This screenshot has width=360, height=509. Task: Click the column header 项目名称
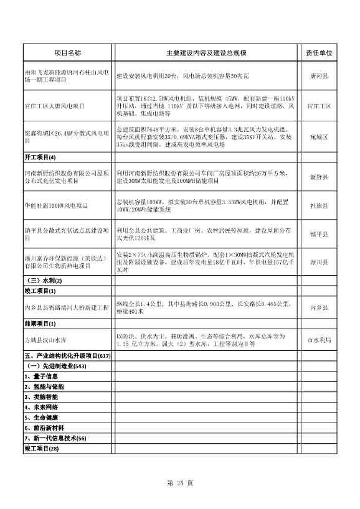pos(68,53)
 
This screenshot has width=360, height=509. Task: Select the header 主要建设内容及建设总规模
pos(206,53)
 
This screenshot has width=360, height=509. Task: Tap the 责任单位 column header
pos(319,53)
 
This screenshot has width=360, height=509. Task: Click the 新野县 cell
pos(319,177)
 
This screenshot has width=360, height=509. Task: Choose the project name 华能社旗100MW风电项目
pos(55,205)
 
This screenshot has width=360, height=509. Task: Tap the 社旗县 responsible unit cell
pos(319,205)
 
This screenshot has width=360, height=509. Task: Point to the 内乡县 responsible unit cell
pos(319,307)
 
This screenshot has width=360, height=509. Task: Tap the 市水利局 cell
pos(319,340)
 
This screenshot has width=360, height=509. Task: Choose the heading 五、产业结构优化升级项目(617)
pos(67,356)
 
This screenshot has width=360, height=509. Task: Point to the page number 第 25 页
pos(181,483)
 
